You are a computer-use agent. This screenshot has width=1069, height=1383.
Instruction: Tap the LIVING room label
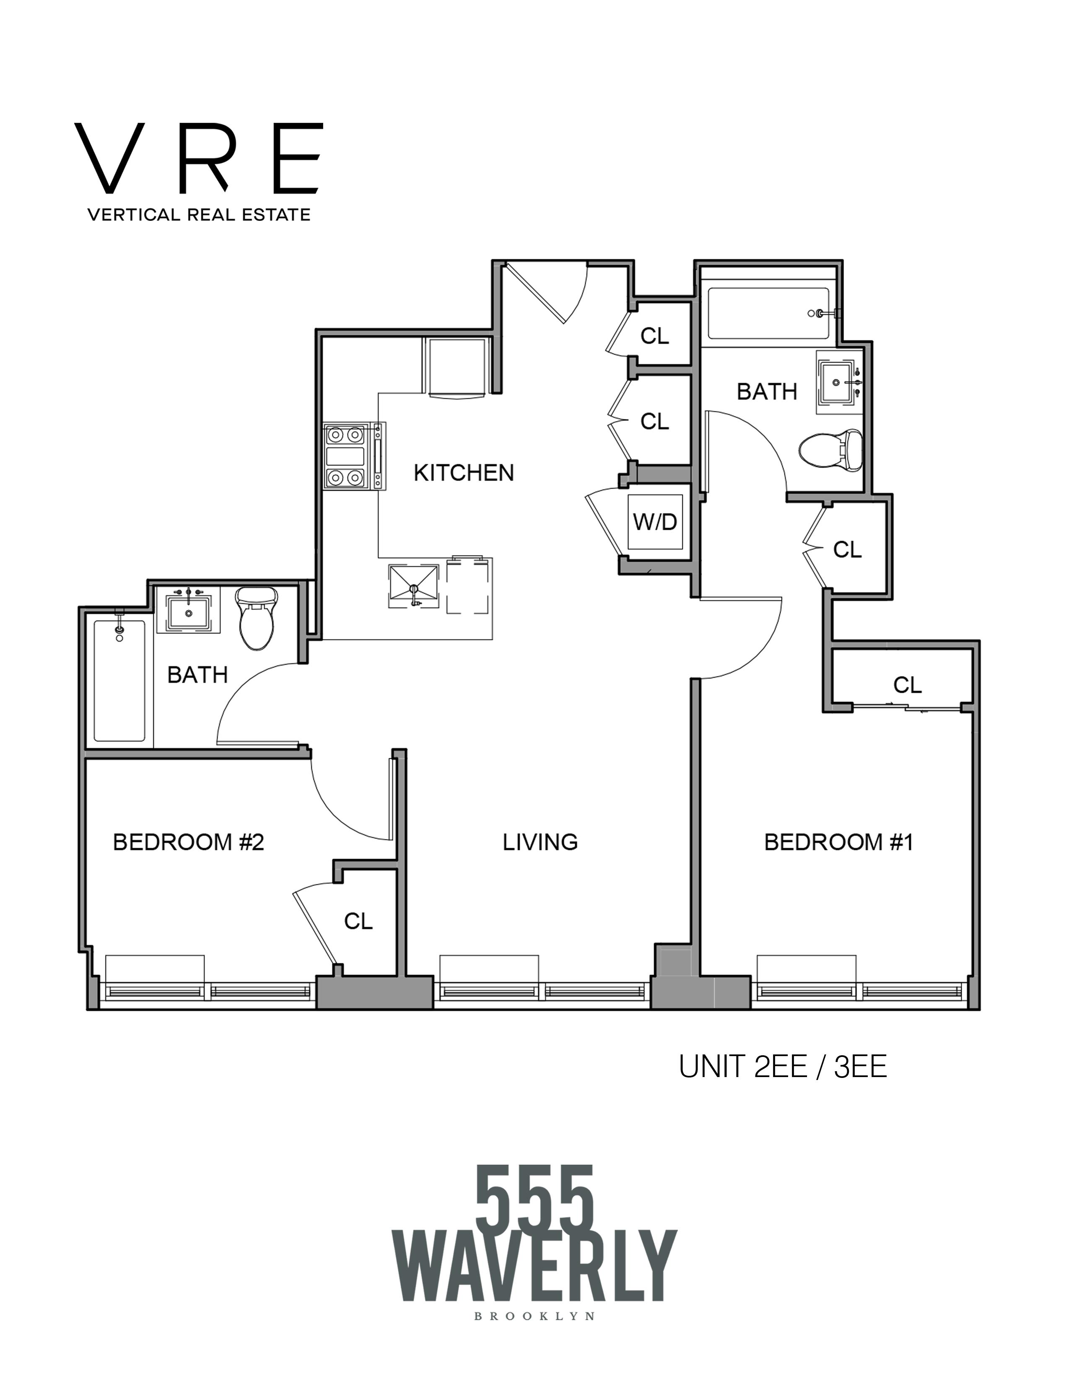pyautogui.click(x=540, y=842)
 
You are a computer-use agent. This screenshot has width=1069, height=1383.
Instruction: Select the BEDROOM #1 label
pyautogui.click(x=838, y=842)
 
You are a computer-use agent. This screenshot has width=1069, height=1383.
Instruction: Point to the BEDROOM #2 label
pyautogui.click(x=188, y=842)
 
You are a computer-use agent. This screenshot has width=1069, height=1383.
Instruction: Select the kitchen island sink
pyautogui.click(x=413, y=586)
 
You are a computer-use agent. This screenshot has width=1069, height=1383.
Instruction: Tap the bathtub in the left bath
pyautogui.click(x=119, y=681)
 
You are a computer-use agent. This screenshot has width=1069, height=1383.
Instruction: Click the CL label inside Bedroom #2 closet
pyautogui.click(x=358, y=921)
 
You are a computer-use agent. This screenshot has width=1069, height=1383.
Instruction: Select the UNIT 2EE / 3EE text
pyautogui.click(x=783, y=1067)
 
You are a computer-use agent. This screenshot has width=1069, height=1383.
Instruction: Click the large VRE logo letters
pyautogui.click(x=199, y=159)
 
